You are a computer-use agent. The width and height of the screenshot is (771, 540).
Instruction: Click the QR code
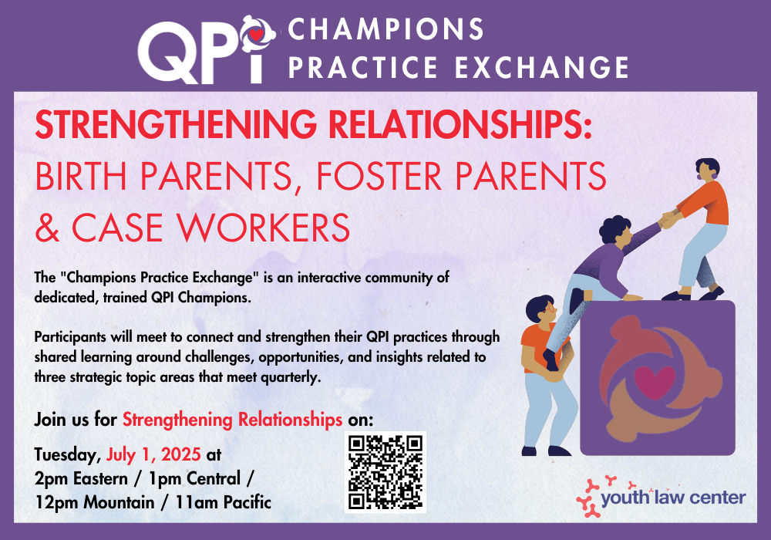385,472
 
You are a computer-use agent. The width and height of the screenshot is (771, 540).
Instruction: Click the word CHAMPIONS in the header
385,29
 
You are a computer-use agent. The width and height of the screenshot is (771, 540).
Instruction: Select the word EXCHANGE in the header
542,67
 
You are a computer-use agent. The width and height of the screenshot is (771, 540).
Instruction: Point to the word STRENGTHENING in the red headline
176,124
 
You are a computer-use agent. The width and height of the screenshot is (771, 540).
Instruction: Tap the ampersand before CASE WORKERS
48,228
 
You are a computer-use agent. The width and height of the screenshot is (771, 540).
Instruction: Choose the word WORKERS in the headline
263,228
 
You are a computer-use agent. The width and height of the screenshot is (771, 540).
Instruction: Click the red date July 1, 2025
153,454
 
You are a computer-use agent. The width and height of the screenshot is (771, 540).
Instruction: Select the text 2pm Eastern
81,478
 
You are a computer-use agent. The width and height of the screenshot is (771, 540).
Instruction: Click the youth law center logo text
673,498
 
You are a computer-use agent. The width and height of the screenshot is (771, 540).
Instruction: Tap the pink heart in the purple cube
655,382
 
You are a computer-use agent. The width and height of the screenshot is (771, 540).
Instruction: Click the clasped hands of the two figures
668,220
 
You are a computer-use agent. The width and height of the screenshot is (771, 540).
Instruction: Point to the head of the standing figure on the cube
708,170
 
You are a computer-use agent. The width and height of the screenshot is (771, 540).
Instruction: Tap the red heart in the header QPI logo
256,35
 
